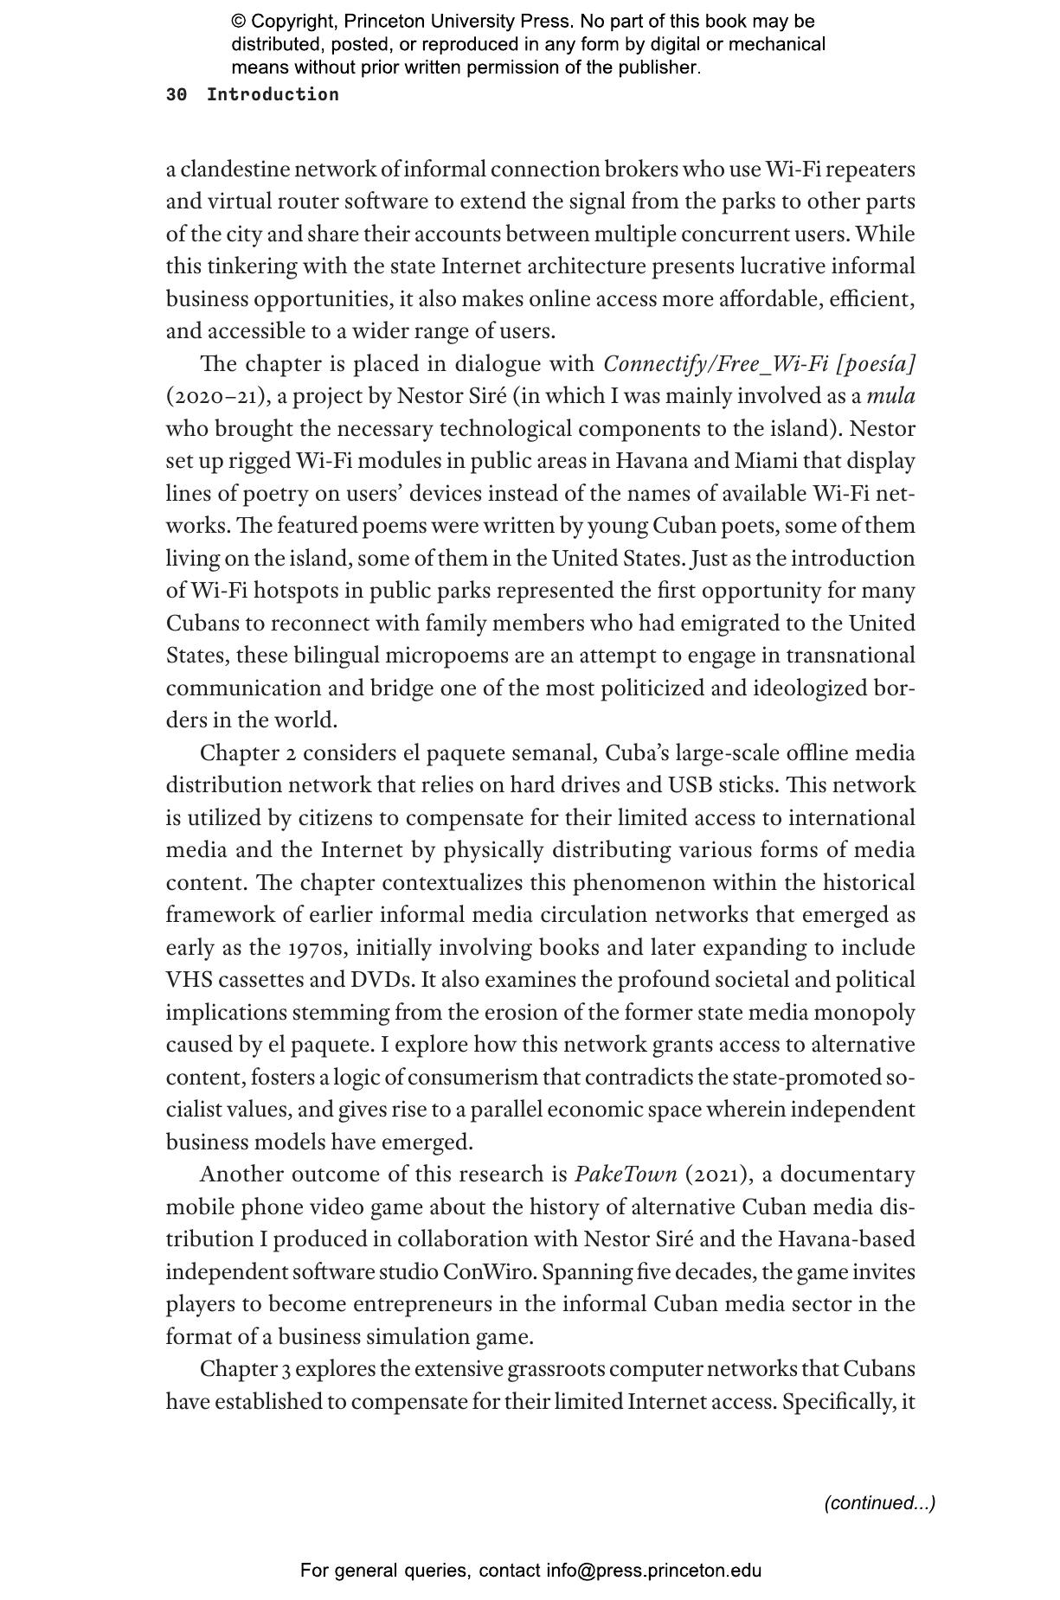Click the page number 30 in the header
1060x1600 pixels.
tap(176, 95)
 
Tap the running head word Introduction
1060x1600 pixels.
tap(273, 95)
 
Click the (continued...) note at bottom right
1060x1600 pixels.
tap(879, 1502)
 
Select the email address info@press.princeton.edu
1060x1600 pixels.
tap(653, 1571)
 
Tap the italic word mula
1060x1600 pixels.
tap(890, 397)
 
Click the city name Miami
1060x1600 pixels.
tap(766, 462)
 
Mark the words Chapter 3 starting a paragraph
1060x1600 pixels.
tap(239, 1369)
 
